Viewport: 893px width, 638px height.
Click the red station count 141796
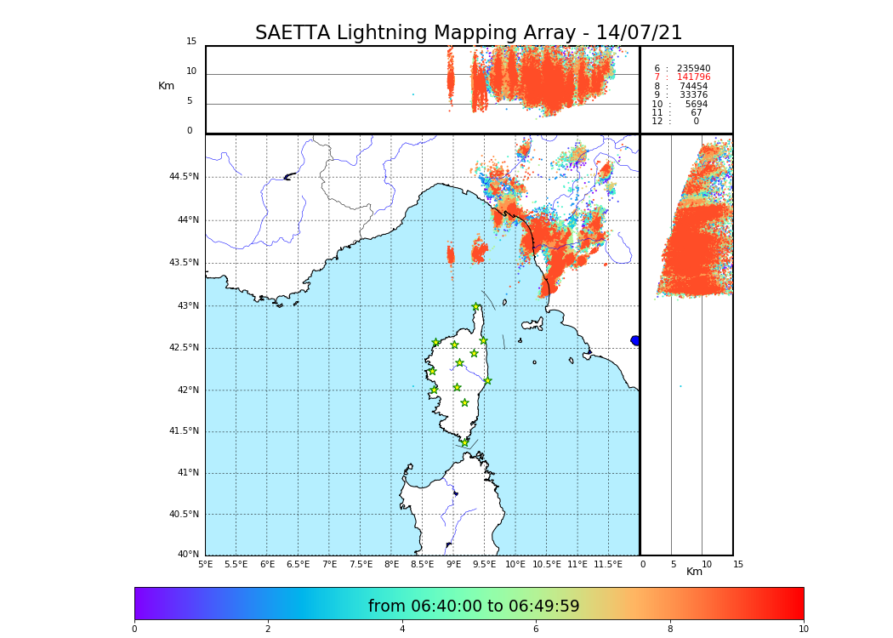click(x=693, y=77)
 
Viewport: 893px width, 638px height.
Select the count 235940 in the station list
click(x=693, y=68)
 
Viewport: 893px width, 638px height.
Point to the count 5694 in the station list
click(x=696, y=104)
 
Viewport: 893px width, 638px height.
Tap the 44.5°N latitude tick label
click(x=184, y=177)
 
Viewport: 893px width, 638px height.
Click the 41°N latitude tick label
click(x=187, y=473)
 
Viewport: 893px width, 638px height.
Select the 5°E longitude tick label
click(x=206, y=564)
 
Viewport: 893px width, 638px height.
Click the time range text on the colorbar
click(x=474, y=607)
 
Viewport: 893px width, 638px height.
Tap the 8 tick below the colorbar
click(x=669, y=629)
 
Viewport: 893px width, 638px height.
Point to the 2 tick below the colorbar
click(x=268, y=629)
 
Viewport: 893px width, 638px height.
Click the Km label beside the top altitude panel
click(x=166, y=86)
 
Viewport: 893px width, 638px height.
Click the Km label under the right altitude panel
click(x=695, y=572)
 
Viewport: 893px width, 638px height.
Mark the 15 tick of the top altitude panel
click(x=191, y=42)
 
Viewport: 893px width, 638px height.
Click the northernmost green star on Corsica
click(x=476, y=306)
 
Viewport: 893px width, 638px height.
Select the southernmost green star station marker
click(x=465, y=442)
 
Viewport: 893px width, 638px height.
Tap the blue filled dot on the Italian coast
click(x=635, y=340)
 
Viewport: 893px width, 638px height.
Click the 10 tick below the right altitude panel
click(x=707, y=564)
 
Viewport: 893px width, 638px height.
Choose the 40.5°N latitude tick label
click(x=184, y=515)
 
